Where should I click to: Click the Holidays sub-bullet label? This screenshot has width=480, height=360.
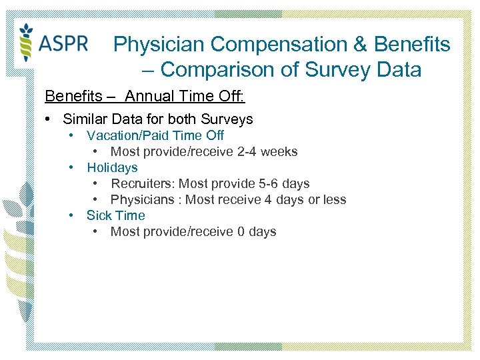tap(112, 167)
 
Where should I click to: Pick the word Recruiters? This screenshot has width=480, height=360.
tap(140, 183)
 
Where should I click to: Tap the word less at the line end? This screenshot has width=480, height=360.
tap(334, 199)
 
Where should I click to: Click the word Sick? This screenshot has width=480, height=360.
tap(99, 215)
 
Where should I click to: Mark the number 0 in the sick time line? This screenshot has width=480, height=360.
tap(241, 231)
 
